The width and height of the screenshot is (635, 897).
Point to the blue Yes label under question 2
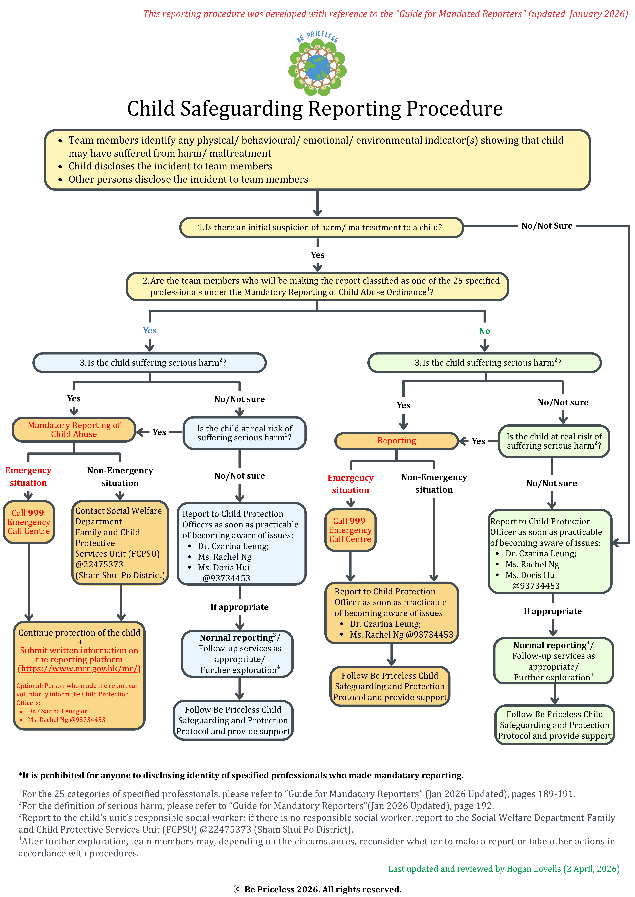click(x=149, y=331)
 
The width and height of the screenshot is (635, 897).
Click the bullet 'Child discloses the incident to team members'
click(x=170, y=166)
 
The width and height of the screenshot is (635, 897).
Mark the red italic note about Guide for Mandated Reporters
click(x=385, y=14)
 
